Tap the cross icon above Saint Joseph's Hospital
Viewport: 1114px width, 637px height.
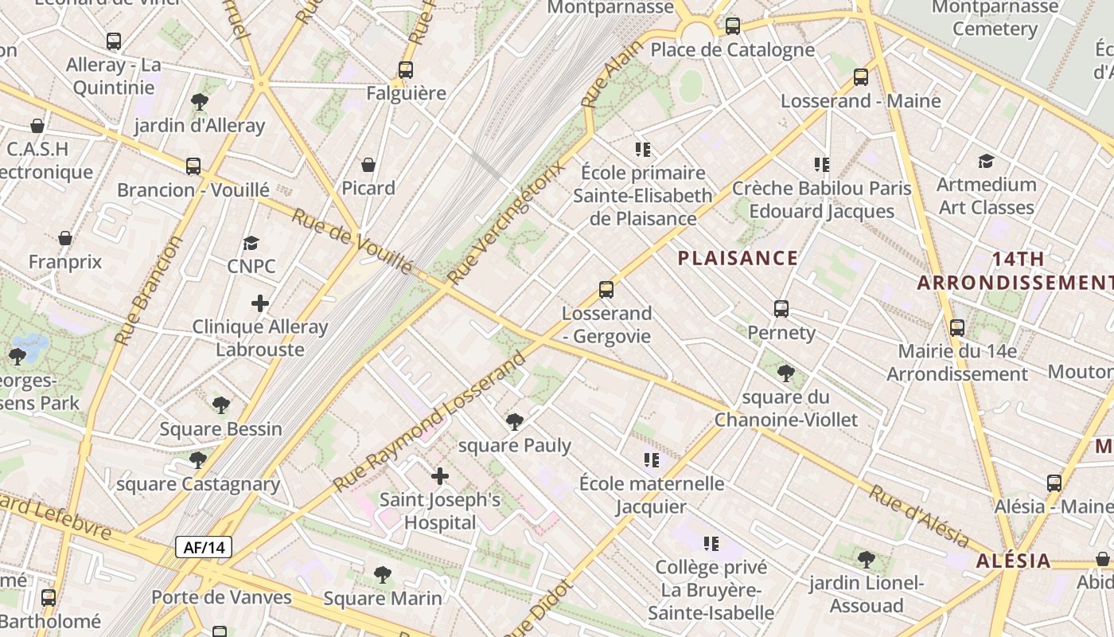[439, 477]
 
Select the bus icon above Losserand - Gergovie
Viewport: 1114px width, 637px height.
[606, 290]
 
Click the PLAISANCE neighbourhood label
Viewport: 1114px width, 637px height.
[738, 258]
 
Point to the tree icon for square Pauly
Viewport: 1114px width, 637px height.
[515, 421]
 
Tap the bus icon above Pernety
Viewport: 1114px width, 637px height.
[781, 309]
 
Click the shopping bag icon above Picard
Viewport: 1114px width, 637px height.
[368, 165]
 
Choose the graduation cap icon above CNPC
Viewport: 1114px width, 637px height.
[251, 243]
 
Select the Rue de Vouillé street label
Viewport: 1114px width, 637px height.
[352, 240]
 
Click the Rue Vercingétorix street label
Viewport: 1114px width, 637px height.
[506, 222]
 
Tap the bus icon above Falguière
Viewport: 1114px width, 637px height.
[406, 70]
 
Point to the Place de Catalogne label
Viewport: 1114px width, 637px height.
[732, 50]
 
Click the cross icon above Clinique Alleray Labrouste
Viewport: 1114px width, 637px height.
[260, 303]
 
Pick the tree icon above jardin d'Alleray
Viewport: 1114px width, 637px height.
[200, 102]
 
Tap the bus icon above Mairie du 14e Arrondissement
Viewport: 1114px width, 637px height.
[957, 328]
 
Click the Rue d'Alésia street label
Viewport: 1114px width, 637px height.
[919, 516]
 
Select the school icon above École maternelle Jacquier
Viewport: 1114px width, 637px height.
[652, 460]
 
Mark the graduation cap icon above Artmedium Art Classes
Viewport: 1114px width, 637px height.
[986, 162]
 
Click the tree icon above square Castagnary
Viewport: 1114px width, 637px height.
[198, 460]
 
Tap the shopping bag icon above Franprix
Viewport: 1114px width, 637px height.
[65, 238]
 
